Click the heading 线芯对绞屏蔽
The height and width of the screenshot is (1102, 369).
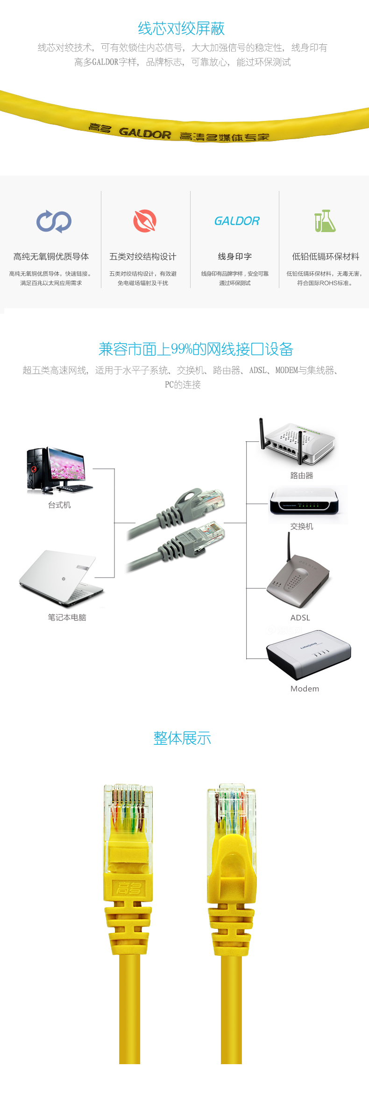click(x=181, y=28)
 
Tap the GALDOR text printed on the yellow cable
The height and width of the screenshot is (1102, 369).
click(x=145, y=133)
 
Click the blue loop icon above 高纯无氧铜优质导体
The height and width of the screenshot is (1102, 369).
click(x=54, y=221)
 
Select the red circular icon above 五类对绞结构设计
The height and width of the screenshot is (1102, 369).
click(x=145, y=221)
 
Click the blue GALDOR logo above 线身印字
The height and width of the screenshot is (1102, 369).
click(x=237, y=221)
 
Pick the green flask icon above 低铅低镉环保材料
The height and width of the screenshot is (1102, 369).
click(x=325, y=221)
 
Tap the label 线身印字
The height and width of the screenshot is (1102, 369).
click(x=235, y=256)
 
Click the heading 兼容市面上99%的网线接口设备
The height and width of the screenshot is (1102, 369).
click(x=196, y=349)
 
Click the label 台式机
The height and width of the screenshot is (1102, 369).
click(x=59, y=505)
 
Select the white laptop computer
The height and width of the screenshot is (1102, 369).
click(x=61, y=577)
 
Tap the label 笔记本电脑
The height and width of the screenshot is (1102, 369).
click(x=67, y=617)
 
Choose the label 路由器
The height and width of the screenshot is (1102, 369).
click(x=302, y=475)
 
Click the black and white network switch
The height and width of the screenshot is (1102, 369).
click(x=304, y=501)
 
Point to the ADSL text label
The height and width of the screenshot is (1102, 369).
click(x=300, y=618)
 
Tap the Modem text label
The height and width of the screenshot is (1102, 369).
click(x=305, y=689)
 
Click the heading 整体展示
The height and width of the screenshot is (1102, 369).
click(x=182, y=738)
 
